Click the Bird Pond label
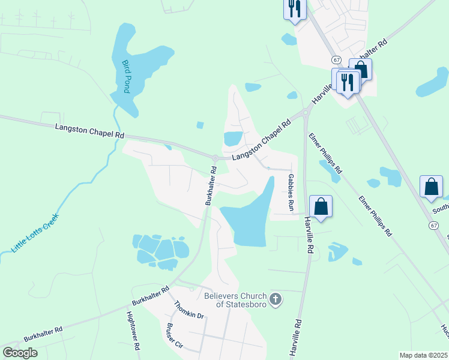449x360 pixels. pyautogui.click(x=126, y=76)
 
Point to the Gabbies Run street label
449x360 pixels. pyautogui.click(x=291, y=193)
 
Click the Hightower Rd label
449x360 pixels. pyautogui.click(x=133, y=330)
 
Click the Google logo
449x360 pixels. pyautogui.click(x=20, y=353)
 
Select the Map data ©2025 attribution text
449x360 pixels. pyautogui.click(x=423, y=355)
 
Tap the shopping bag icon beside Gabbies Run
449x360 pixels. pyautogui.click(x=321, y=206)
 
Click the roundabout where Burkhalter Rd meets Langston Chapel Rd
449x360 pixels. pyautogui.click(x=214, y=158)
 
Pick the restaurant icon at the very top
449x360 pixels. pyautogui.click(x=294, y=9)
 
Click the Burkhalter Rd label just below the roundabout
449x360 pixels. pyautogui.click(x=211, y=186)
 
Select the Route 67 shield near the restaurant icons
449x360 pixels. pyautogui.click(x=336, y=60)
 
